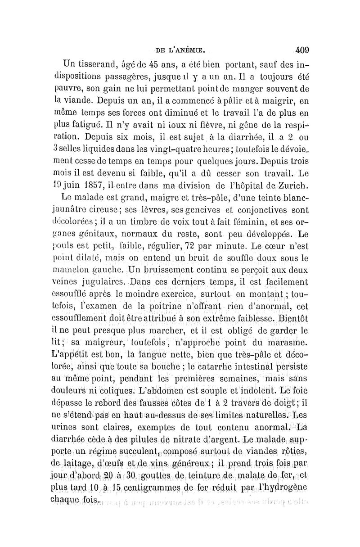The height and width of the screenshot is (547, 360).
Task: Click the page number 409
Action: coord(300,49)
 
